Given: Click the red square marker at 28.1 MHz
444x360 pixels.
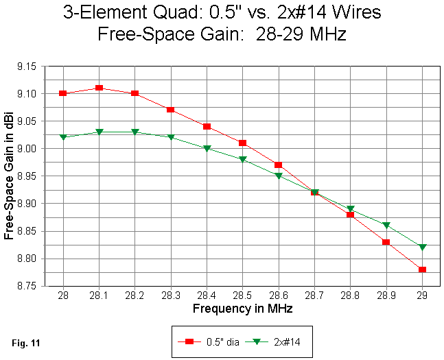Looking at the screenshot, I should pyautogui.click(x=99, y=88).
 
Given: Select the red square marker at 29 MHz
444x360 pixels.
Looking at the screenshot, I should pyautogui.click(x=422, y=269).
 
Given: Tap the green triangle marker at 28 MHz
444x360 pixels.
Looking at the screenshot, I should pyautogui.click(x=63, y=137).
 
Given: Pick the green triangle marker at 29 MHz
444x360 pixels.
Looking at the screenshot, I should pyautogui.click(x=422, y=247).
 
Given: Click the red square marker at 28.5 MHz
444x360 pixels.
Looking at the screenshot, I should pyautogui.click(x=242, y=143).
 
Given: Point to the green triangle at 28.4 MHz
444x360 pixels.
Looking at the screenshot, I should pyautogui.click(x=207, y=148).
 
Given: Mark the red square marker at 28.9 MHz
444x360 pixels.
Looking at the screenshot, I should pyautogui.click(x=386, y=242).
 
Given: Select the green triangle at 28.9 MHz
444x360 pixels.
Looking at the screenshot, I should pyautogui.click(x=386, y=225).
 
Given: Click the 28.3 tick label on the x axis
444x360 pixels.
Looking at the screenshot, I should pyautogui.click(x=171, y=295).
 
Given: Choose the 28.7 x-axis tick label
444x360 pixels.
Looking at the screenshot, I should pyautogui.click(x=314, y=295).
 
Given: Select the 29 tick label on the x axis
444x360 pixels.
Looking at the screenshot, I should pyautogui.click(x=422, y=295).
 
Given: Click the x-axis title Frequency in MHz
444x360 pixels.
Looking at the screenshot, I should pyautogui.click(x=242, y=309).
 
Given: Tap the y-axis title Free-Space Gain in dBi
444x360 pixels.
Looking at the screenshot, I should pyautogui.click(x=9, y=176).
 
